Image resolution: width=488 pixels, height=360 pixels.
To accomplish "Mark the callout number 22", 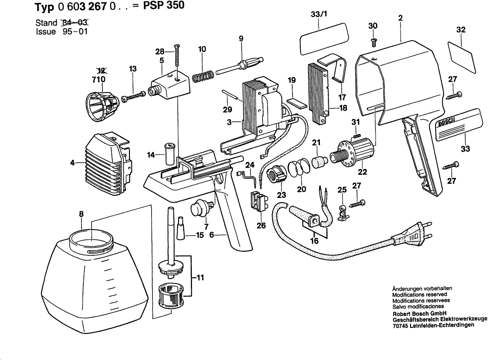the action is pyautogui.click(x=362, y=172).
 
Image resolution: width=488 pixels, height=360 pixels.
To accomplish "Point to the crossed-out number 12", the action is pyautogui.click(x=99, y=70).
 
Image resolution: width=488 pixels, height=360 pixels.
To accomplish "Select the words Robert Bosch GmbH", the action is pyautogui.click(x=420, y=314).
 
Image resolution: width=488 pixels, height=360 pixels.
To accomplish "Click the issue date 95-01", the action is pyautogui.click(x=75, y=32).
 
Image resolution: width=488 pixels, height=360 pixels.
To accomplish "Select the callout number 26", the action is pyautogui.click(x=261, y=225).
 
